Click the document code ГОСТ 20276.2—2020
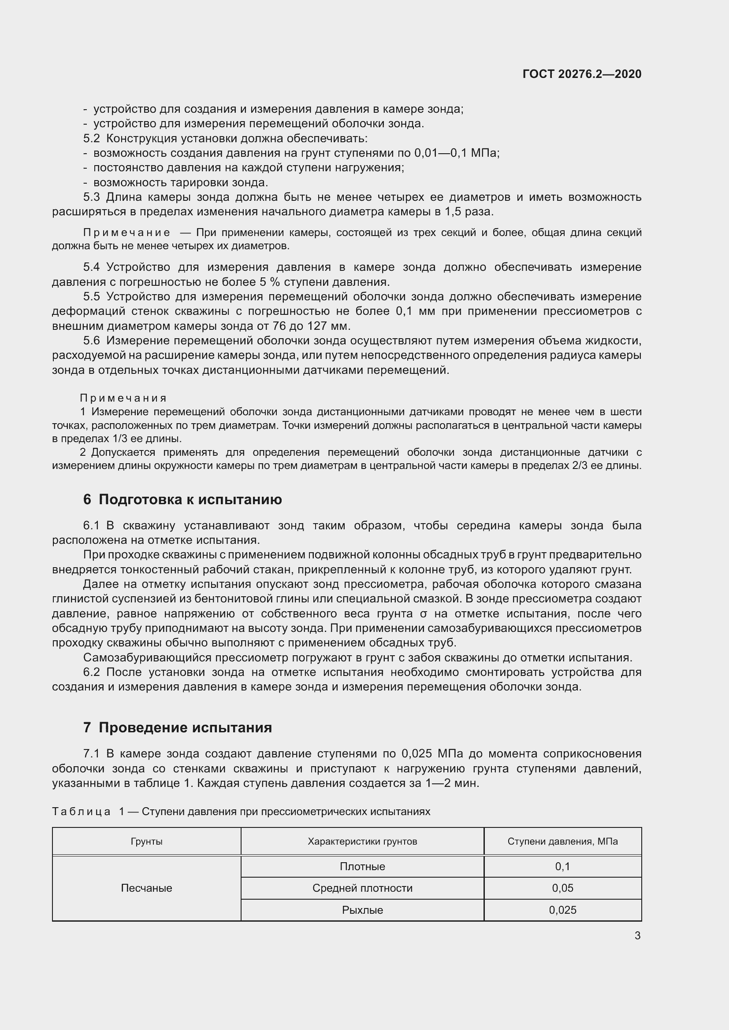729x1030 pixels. point(582,74)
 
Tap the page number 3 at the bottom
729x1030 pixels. point(637,935)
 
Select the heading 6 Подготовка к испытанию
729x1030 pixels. point(182,500)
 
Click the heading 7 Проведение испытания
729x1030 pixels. point(177,727)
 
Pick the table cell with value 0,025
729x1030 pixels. point(562,910)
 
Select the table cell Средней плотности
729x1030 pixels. point(362,888)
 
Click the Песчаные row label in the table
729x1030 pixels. point(146,888)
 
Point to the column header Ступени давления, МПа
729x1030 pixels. point(562,841)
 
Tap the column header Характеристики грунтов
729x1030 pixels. point(362,841)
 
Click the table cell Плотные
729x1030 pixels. point(362,866)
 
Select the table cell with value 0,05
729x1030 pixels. point(562,888)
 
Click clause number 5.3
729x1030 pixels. point(92,197)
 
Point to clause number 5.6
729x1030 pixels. point(92,340)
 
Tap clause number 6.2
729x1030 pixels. point(92,672)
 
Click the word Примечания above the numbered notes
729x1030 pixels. point(123,398)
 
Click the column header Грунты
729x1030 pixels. point(146,841)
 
